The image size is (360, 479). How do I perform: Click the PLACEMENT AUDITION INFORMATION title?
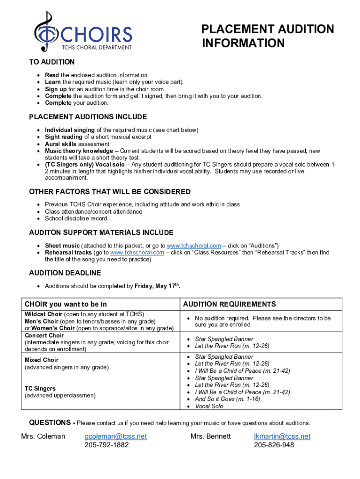coord(267,36)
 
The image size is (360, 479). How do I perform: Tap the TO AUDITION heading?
coord(51,62)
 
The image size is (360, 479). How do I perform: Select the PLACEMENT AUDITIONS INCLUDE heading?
coord(88,117)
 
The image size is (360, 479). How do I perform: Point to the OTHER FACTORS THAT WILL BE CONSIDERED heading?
coord(110,192)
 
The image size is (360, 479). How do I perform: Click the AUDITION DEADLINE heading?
coord(65,273)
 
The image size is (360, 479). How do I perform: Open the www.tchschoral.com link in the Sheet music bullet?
coord(194,246)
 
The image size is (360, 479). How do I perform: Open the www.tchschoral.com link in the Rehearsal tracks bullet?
coord(137,253)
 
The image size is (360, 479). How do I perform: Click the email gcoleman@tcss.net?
coord(115,436)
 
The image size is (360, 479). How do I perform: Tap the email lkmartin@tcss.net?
coord(282,436)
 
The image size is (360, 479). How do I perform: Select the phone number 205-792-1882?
coord(107,445)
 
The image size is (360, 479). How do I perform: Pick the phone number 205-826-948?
coord(274,445)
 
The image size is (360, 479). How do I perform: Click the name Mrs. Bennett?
coord(210,436)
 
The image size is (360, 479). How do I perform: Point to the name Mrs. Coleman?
coord(43,436)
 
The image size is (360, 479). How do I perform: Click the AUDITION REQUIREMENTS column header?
coord(229,304)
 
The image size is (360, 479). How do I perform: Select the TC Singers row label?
coord(40,389)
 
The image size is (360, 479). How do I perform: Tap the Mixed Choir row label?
coord(41,360)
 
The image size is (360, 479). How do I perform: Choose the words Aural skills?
coord(60,144)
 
